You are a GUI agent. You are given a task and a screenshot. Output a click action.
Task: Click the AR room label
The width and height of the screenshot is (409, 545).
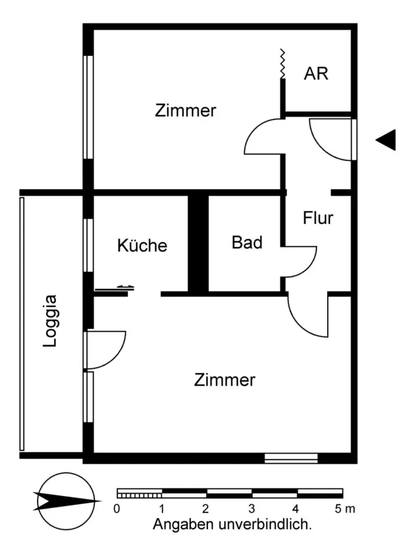point(316,74)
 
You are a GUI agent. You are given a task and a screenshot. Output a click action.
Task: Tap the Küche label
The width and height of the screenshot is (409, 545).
point(142,245)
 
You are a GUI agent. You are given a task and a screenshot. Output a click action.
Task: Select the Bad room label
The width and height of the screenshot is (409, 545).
point(247,242)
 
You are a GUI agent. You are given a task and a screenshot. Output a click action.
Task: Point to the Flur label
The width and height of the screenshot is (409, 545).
point(318,218)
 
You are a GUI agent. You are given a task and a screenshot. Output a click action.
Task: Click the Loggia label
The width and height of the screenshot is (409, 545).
point(52,320)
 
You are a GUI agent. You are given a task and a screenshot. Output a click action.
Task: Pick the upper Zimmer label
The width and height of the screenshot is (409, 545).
point(185,111)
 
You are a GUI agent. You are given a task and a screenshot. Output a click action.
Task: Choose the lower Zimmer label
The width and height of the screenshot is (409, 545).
point(225,380)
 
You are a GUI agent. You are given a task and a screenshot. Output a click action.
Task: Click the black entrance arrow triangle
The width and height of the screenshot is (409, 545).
point(387,140)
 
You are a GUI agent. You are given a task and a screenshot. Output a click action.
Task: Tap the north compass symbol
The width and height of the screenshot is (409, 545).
point(66,500)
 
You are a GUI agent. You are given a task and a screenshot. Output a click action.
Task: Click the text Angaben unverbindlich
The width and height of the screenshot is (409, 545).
point(232,524)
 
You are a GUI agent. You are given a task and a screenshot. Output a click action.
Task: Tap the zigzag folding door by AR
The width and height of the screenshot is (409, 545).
point(282,64)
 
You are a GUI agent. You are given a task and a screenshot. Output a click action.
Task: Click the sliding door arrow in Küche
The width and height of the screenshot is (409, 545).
point(125,287)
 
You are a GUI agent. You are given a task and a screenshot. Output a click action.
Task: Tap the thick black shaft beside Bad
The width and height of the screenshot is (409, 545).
point(198,243)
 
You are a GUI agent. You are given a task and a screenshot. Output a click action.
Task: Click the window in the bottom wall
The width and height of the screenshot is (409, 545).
point(291,458)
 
